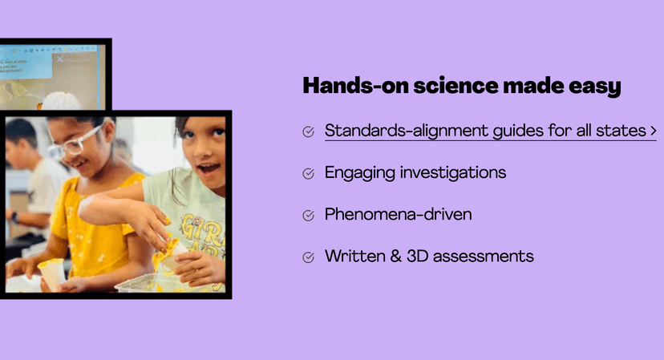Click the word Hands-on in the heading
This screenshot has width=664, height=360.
coord(355,86)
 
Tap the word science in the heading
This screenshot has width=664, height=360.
coord(455,86)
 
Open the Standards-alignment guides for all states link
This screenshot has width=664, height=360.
coord(485,131)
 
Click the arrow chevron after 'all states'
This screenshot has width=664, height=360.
coord(654,131)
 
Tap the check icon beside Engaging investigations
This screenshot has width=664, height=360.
coord(308,174)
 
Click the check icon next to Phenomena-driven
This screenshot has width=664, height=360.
coord(308,216)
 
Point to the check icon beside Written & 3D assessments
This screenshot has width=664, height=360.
coord(308,257)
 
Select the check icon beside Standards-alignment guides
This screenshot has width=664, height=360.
coord(308,131)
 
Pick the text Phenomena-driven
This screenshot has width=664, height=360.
coord(398,214)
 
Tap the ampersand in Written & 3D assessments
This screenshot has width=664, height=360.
coord(396,257)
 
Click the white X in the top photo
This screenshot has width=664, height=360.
coord(59,59)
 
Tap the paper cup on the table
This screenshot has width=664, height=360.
coord(52,273)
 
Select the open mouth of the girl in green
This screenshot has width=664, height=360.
coord(209,170)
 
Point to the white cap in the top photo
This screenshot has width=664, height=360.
coord(61,101)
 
